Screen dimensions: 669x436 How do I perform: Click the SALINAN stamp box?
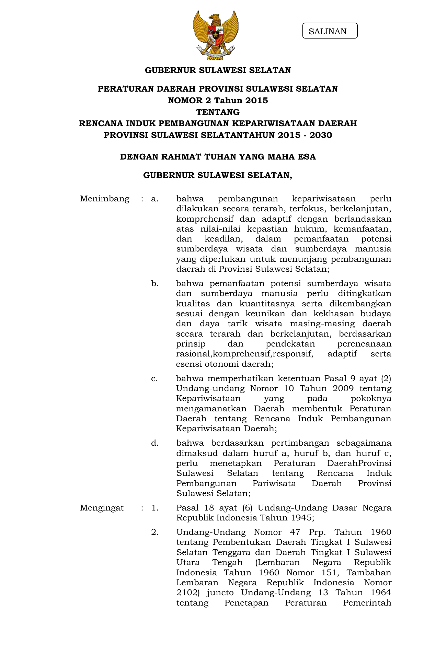tap(330, 31)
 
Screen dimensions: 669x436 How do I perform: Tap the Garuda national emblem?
tap(216, 35)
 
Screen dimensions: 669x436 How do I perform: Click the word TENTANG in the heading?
tap(218, 112)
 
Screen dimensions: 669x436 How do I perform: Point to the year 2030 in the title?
tap(321, 135)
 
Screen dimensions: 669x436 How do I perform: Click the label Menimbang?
tap(105, 199)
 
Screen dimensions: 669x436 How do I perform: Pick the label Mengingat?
tap(102, 508)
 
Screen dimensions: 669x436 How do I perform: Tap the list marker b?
tap(155, 284)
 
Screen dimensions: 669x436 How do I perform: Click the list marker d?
tap(155, 443)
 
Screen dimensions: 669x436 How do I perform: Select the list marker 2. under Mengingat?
tap(155, 532)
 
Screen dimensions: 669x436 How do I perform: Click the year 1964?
tap(381, 592)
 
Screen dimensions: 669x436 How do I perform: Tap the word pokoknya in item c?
tap(371, 399)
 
